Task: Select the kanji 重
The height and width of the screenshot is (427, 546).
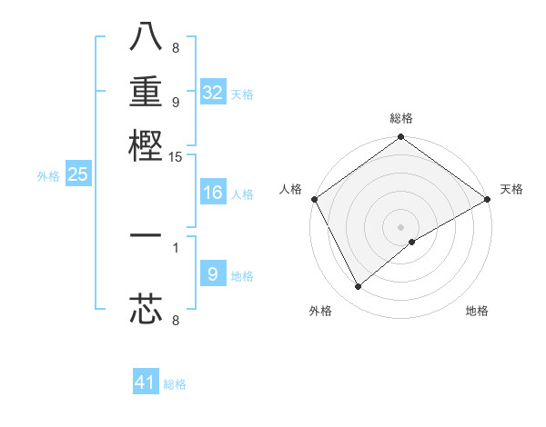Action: [x=146, y=92]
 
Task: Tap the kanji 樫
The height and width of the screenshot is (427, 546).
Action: [x=146, y=144]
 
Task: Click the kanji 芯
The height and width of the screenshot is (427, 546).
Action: [x=146, y=309]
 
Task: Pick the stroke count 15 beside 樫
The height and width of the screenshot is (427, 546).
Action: [x=176, y=157]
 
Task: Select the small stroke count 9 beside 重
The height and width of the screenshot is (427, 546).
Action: [x=176, y=103]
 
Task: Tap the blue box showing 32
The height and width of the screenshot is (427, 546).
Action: [x=212, y=93]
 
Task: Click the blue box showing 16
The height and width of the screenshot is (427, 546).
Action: [x=212, y=193]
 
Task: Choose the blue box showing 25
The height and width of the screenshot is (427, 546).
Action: [x=77, y=174]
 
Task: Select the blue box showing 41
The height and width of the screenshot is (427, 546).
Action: [x=146, y=382]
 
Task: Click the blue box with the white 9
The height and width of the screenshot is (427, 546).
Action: [x=212, y=274]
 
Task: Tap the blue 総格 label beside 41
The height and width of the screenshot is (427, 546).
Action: [x=175, y=384]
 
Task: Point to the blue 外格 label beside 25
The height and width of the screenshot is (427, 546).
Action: [x=48, y=176]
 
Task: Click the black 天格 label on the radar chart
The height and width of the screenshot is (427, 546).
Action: [x=511, y=189]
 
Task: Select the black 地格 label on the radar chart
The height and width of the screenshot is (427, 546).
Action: [x=477, y=312]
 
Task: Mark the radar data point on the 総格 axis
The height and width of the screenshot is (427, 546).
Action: [x=400, y=138]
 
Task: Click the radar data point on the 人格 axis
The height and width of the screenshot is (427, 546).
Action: [x=314, y=199]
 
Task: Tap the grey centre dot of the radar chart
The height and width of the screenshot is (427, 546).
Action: [x=400, y=226]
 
